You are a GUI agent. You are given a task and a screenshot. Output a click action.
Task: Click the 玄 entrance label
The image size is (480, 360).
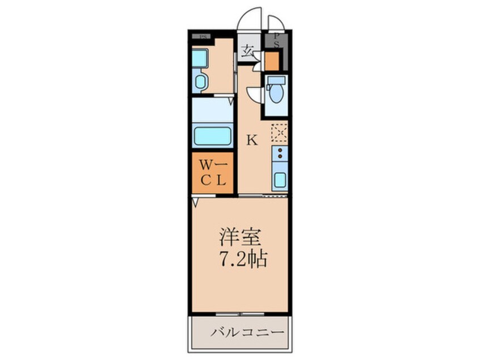pyautogui.click(x=247, y=51)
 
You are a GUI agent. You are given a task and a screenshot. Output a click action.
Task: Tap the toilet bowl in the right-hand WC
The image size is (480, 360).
pyautogui.click(x=276, y=94)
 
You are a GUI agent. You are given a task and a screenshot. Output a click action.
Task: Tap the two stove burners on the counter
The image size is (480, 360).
pyautogui.click(x=279, y=154)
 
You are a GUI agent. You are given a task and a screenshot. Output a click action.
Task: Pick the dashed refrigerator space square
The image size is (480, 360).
pyautogui.click(x=279, y=133)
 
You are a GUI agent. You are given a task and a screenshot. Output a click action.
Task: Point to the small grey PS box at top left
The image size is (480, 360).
pyautogui.click(x=203, y=37)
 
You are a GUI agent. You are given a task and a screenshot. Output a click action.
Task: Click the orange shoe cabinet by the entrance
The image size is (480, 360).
pyautogui.click(x=272, y=60)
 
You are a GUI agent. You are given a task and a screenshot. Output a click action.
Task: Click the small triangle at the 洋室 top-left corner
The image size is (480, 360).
pyautogui.click(x=195, y=200)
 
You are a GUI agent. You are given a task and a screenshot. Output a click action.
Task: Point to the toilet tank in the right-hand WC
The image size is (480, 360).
pyautogui.click(x=276, y=80)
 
